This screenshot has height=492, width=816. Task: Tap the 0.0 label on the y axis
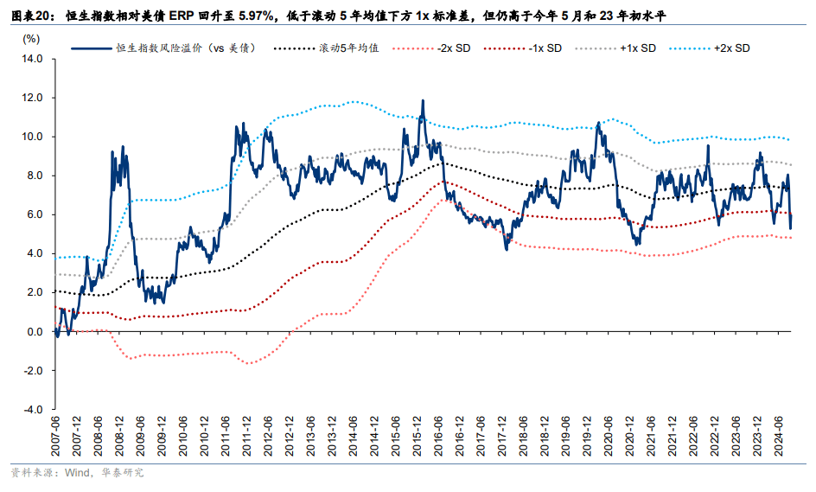point(34,332)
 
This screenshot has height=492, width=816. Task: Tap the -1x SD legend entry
point(544,48)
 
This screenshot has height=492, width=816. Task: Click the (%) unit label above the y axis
point(31,39)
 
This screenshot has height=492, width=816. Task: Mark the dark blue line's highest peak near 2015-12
point(423,100)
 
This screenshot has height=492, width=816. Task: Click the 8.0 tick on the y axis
point(34,176)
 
